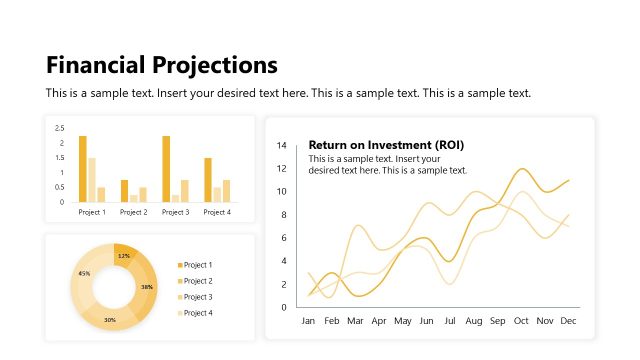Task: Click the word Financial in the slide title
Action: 96,66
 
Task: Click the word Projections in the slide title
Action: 214,66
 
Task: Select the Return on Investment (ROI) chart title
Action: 386,145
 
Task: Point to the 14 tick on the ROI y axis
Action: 282,146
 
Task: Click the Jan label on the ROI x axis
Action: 309,321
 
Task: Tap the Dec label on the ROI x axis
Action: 569,321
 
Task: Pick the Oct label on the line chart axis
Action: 521,321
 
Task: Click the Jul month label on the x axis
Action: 450,321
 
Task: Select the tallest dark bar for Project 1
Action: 82,169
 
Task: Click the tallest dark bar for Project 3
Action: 166,169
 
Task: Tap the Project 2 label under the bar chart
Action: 133,212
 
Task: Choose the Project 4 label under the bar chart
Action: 217,212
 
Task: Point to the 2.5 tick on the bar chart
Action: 60,128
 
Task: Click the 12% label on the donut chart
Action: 123,256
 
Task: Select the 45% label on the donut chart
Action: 84,273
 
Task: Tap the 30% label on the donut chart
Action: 110,320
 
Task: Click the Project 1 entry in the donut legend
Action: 198,265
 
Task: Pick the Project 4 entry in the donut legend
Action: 198,313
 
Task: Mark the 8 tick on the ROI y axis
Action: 284,215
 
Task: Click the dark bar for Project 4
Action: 208,180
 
